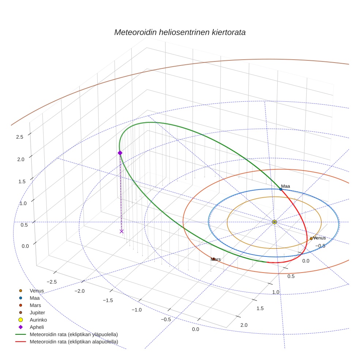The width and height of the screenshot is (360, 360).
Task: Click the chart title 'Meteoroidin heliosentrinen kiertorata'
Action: click(x=180, y=32)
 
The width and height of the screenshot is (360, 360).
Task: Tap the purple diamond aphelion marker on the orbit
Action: click(x=120, y=153)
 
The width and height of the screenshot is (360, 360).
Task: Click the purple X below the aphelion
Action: click(x=121, y=231)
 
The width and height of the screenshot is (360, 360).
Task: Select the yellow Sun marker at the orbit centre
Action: click(x=274, y=222)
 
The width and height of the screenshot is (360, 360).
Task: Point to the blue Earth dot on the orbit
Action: click(x=281, y=189)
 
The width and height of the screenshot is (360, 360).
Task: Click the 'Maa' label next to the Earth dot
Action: click(x=286, y=186)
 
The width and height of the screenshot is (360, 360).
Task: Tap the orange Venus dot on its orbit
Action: click(x=311, y=239)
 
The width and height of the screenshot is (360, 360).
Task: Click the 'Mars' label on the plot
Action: click(x=216, y=259)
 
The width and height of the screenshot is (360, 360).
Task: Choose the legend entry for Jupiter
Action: click(x=37, y=312)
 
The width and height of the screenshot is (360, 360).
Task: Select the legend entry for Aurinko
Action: click(x=38, y=320)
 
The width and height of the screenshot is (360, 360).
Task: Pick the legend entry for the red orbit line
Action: click(x=74, y=342)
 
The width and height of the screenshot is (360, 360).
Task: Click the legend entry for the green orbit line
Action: click(x=74, y=334)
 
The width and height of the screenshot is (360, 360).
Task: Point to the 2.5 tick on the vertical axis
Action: click(x=20, y=137)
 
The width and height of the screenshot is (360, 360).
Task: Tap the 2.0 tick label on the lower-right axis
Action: click(x=244, y=325)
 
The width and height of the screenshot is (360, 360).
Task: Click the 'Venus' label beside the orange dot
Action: click(x=319, y=238)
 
